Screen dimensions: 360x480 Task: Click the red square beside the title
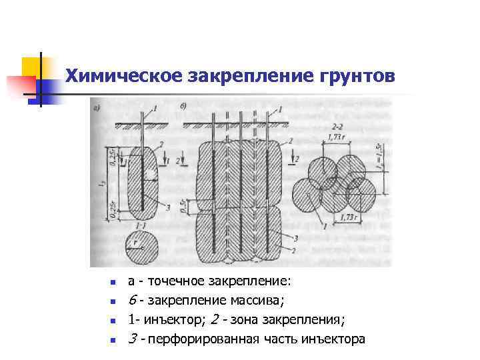20,85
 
